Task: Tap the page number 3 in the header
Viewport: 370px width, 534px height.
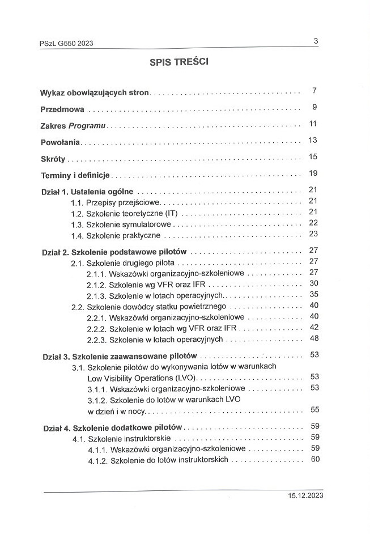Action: [316, 40]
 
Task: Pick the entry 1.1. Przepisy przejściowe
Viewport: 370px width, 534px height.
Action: [116, 202]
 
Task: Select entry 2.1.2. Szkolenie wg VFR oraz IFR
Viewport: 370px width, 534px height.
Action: [148, 284]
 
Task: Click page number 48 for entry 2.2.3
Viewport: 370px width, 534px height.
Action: [314, 338]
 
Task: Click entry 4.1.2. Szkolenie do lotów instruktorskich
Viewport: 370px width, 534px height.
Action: [158, 460]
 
